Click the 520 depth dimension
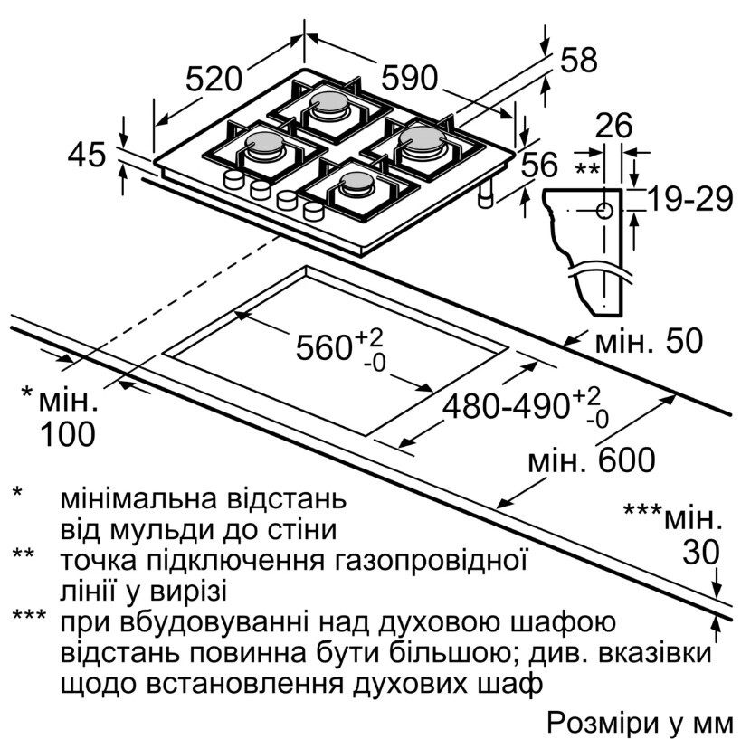pos(214,79)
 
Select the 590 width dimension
pos(410,78)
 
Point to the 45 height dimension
pos(87,155)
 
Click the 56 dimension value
pos(539,165)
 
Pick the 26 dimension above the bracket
pos(613,126)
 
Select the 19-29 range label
pos(689,199)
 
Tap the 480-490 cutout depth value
pos(506,405)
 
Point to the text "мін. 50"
pos(649,341)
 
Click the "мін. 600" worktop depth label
pos(591,460)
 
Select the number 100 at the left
pos(68,434)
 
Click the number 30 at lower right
pos(701,553)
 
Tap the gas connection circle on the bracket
pos(605,211)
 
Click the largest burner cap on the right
pos(422,138)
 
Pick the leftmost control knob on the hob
pos(233,179)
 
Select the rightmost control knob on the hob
pos(313,210)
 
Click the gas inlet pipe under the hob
pos(485,193)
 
